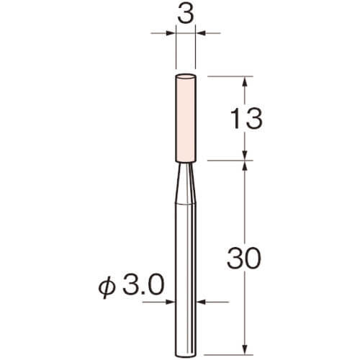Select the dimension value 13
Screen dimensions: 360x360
(x=246, y=118)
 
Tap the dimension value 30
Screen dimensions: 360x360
(x=244, y=258)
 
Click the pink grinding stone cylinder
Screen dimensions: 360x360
(x=186, y=118)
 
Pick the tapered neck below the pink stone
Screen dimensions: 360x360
(x=186, y=183)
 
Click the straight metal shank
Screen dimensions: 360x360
(x=186, y=279)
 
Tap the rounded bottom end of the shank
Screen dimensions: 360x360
(x=186, y=355)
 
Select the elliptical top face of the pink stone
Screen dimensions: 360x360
(x=186, y=77)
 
